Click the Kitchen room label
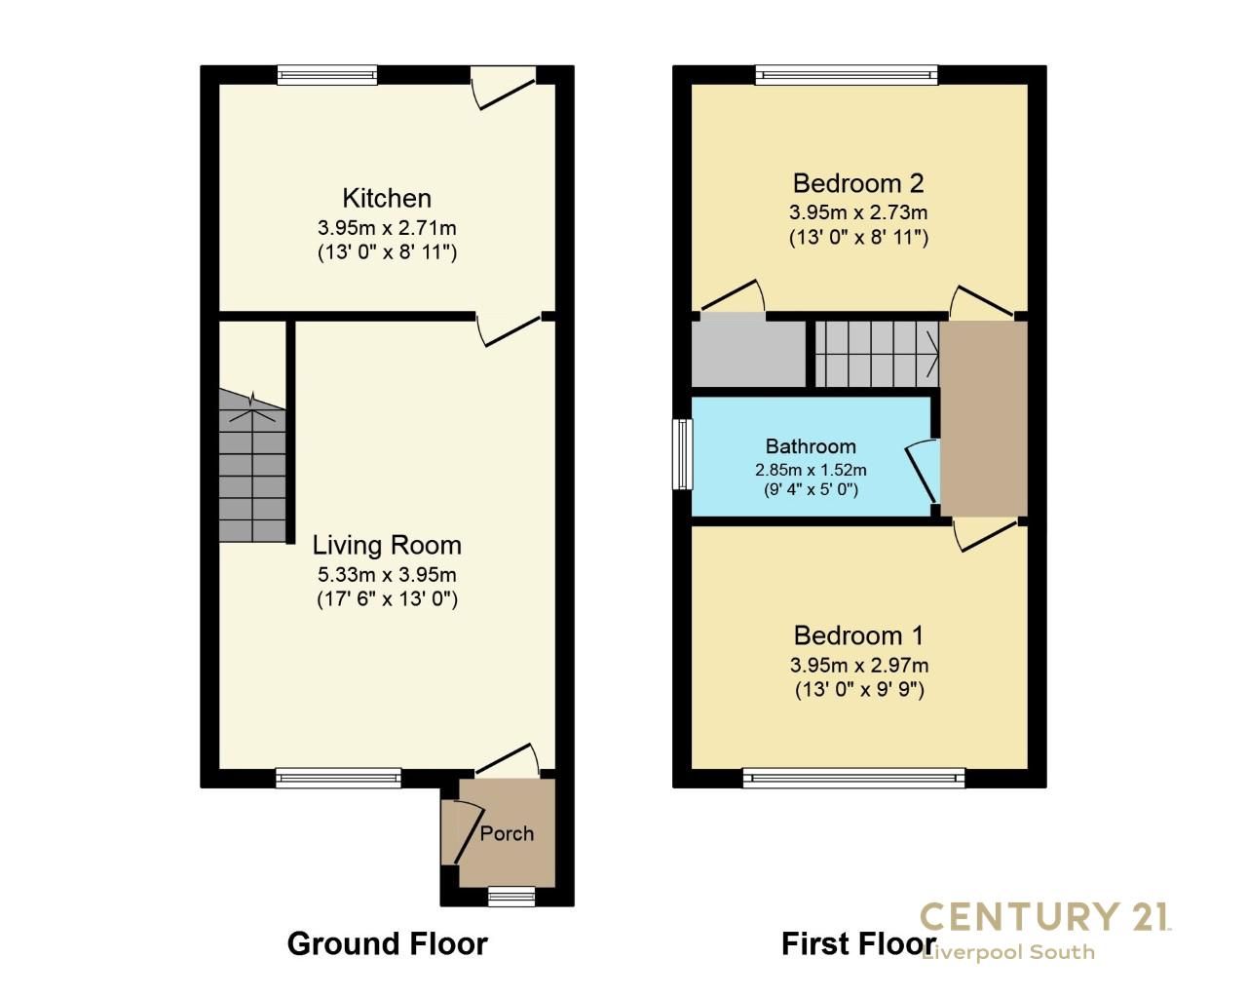[387, 198]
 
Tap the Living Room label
[387, 545]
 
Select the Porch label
[507, 833]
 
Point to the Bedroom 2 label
[858, 182]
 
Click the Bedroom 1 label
[858, 635]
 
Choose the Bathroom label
[811, 446]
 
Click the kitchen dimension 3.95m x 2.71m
[387, 228]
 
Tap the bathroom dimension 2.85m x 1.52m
[811, 469]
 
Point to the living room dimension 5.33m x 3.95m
[387, 574]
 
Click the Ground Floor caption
[387, 942]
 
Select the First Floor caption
[857, 942]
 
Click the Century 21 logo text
[1045, 916]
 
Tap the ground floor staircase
[251, 468]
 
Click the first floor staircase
[876, 353]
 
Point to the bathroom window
[682, 454]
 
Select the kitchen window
[326, 74]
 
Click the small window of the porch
[511, 896]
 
